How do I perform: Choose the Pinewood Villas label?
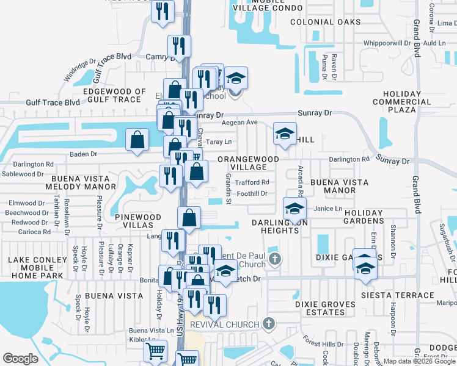pos(137,220)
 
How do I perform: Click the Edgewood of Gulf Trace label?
pos(114,95)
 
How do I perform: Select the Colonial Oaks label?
pos(321,22)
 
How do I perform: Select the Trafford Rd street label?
pos(252,182)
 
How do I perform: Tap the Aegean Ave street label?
pos(240,122)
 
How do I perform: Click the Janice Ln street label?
pos(327,208)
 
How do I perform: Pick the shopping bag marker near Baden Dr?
pos(137,140)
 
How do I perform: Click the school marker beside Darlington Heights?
pos(294,209)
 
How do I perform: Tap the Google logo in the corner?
pos(20,359)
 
